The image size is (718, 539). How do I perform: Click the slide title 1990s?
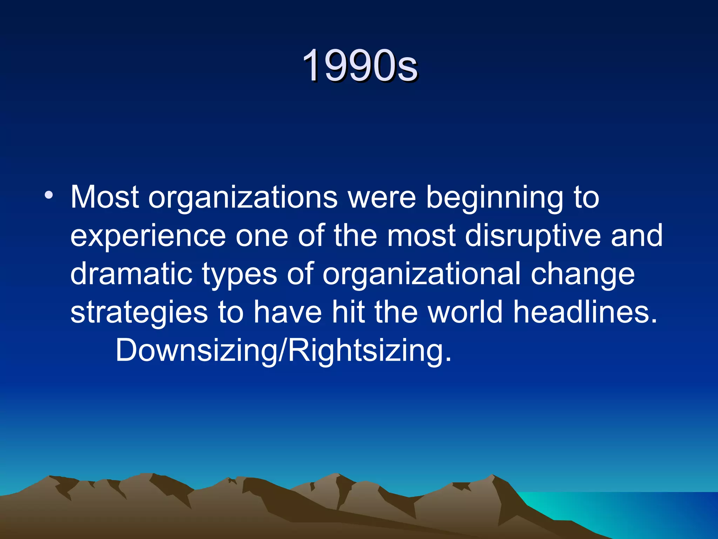click(360, 65)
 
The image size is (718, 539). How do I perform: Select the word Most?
click(104, 197)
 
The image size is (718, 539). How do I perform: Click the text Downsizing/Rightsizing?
click(283, 350)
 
